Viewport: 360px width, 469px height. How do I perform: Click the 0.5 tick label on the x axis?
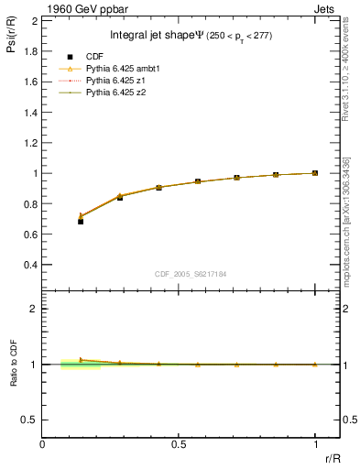point(179,445)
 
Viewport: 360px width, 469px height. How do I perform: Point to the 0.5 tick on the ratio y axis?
point(29,420)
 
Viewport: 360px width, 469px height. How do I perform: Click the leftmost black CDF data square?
point(81,222)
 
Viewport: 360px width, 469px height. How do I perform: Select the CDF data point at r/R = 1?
point(314,173)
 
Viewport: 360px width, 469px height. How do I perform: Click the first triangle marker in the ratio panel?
point(81,360)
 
